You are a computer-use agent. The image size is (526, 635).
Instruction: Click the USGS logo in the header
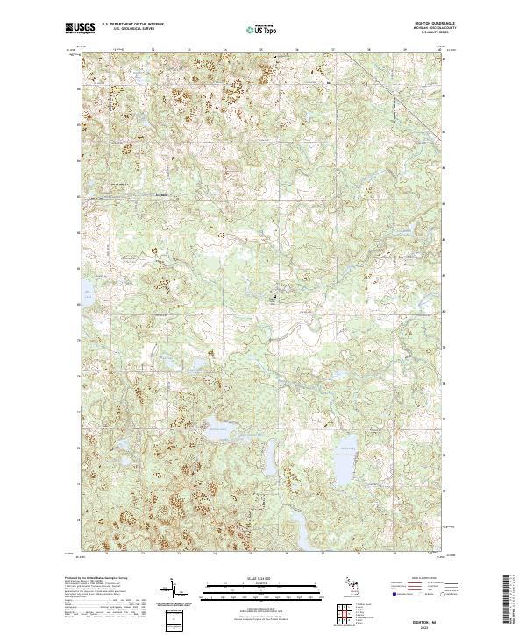(x=80, y=28)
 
